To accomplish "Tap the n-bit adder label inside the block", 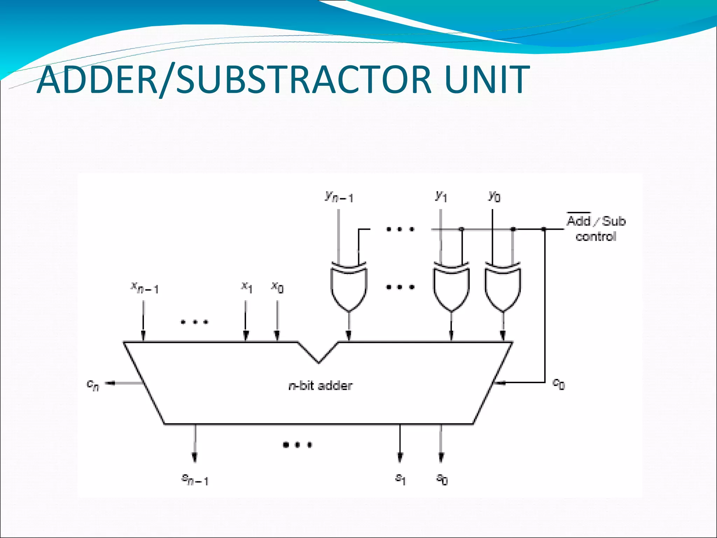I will click(x=320, y=386).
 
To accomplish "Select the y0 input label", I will click(x=494, y=196).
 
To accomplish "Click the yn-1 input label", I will click(x=339, y=197).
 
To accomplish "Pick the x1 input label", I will click(x=246, y=287).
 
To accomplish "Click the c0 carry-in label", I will click(x=558, y=384).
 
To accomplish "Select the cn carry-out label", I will click(x=93, y=385).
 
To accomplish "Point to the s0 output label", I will click(x=442, y=478).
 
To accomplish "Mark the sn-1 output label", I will click(x=195, y=479).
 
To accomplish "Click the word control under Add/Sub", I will click(x=596, y=237).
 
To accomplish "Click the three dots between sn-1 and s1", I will click(x=297, y=445).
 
